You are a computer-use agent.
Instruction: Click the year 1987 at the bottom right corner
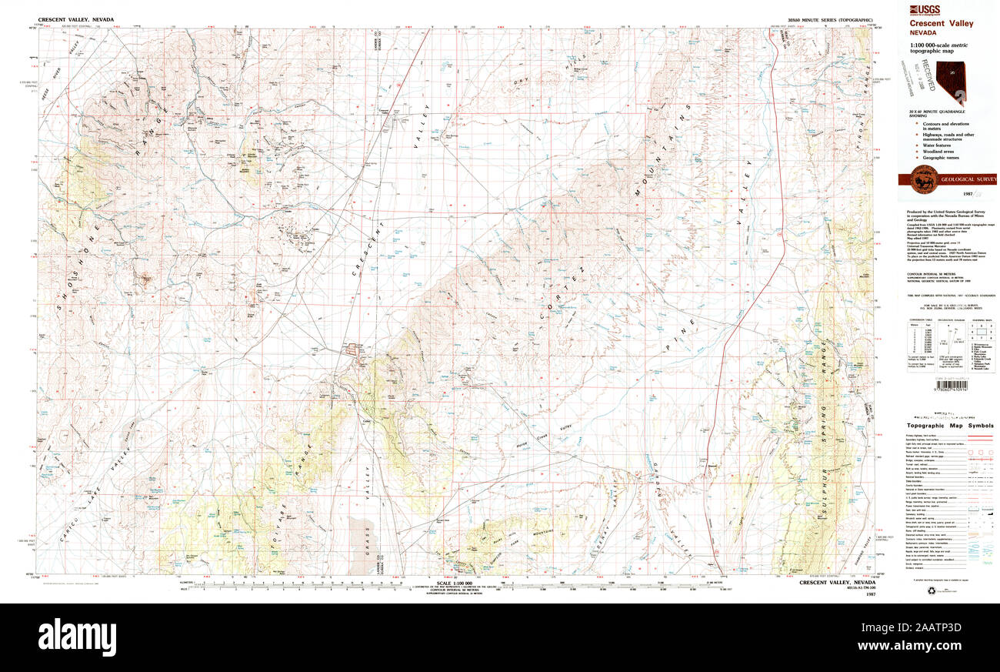coord(871,594)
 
